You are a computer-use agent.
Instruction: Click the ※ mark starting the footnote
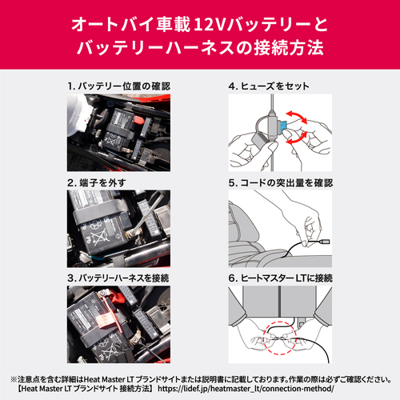[14, 378]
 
